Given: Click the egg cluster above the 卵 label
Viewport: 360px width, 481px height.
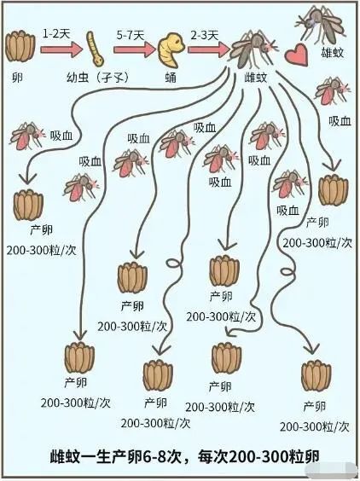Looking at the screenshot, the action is [20, 47].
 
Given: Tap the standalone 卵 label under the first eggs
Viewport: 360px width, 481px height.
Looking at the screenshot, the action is [18, 78].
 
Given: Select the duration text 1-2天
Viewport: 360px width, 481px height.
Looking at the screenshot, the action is [56, 34].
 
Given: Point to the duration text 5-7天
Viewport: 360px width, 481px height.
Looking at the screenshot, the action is [131, 36].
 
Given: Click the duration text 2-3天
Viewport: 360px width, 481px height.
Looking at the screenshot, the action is [205, 36].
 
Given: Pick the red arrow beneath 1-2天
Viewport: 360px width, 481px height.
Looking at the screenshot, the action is [61, 49].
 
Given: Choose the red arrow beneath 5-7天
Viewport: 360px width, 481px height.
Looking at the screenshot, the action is [135, 49].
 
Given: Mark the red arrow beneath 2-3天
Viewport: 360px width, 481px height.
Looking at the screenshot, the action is [209, 49].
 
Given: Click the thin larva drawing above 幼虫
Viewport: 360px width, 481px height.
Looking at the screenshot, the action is [95, 49].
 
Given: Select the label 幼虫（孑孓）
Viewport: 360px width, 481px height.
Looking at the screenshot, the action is [97, 78].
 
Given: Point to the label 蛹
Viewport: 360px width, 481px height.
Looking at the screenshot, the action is [171, 78].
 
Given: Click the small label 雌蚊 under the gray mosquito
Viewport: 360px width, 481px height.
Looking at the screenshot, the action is [256, 78].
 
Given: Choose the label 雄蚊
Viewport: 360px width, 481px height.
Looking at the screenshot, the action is [333, 53].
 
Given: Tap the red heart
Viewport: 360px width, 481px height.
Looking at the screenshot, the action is [297, 55].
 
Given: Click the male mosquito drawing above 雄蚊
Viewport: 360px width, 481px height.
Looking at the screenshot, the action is [320, 25].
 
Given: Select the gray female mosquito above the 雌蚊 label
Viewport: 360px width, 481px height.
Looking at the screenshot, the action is [254, 49].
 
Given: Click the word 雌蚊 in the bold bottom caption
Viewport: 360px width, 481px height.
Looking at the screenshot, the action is [65, 457].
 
